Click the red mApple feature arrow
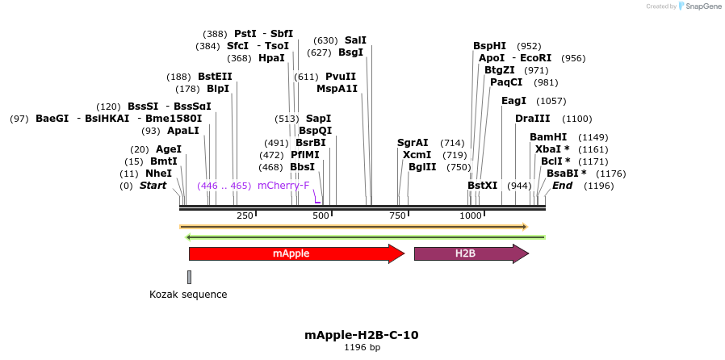[295, 253]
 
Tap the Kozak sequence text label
[188, 295]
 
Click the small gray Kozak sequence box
[189, 277]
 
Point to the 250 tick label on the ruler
[245, 216]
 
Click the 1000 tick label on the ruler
[471, 216]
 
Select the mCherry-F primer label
[283, 186]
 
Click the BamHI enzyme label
[548, 137]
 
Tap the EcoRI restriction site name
[536, 58]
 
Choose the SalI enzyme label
[355, 40]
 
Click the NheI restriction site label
[158, 174]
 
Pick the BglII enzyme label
[422, 167]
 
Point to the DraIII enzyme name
[533, 119]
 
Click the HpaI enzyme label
[271, 58]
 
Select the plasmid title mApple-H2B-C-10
[362, 334]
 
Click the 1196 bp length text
[362, 348]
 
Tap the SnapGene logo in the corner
[700, 6]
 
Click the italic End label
[562, 186]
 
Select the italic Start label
[153, 186]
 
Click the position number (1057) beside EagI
[551, 101]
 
